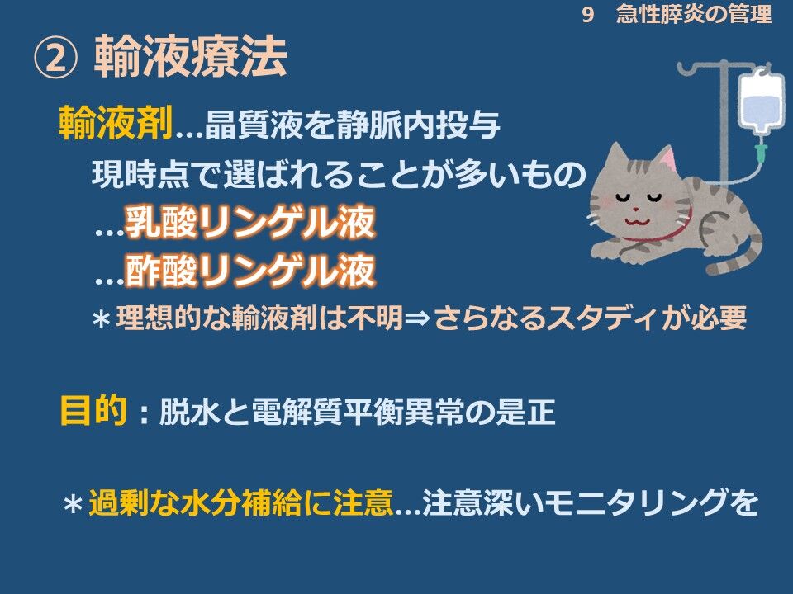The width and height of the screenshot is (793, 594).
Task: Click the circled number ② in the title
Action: pos(56,58)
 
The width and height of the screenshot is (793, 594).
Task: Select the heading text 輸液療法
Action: pos(191,57)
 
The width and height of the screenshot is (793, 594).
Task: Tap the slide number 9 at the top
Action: pos(587,14)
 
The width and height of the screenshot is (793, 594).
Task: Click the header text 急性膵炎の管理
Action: pos(694,14)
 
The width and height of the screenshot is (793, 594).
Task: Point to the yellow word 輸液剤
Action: pos(116,122)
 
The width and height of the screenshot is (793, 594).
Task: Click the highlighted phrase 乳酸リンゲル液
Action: pos(250,222)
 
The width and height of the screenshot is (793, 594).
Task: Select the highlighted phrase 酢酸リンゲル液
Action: pos(250,271)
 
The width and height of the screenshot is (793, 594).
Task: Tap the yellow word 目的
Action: pos(93,410)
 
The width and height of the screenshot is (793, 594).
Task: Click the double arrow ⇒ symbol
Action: pos(418,318)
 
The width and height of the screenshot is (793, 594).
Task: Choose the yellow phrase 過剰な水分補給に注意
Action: pos(240,502)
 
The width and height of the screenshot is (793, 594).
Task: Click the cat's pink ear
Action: pos(668,158)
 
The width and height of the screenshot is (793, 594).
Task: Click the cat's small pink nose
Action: pos(636,209)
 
